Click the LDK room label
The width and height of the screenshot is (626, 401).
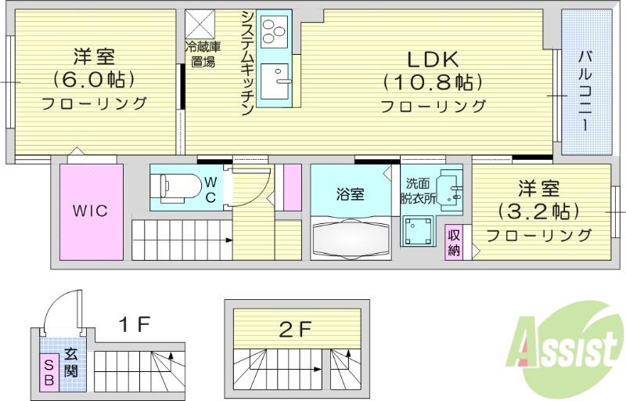(x=433, y=59)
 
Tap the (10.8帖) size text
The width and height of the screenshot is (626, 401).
(x=433, y=83)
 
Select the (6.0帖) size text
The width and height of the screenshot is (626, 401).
(x=94, y=80)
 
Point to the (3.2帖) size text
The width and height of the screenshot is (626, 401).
(x=538, y=211)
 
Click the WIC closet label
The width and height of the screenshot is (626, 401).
(x=90, y=211)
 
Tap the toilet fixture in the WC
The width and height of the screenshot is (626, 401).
(x=181, y=187)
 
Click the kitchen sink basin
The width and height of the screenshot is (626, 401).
(x=275, y=81)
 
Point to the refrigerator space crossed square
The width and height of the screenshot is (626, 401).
(x=200, y=23)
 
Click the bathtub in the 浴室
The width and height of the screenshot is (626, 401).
(x=351, y=239)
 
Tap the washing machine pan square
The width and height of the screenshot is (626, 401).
(x=418, y=230)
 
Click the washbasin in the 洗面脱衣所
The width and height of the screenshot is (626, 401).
(x=449, y=190)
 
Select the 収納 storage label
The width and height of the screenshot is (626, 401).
(x=454, y=243)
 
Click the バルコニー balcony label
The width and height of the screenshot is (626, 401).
(x=585, y=90)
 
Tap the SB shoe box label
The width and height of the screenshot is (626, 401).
(x=49, y=372)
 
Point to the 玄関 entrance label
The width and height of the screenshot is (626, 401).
(x=70, y=363)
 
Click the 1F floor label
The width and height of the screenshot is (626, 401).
(x=135, y=324)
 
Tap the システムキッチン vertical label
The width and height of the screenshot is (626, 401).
(x=247, y=63)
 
